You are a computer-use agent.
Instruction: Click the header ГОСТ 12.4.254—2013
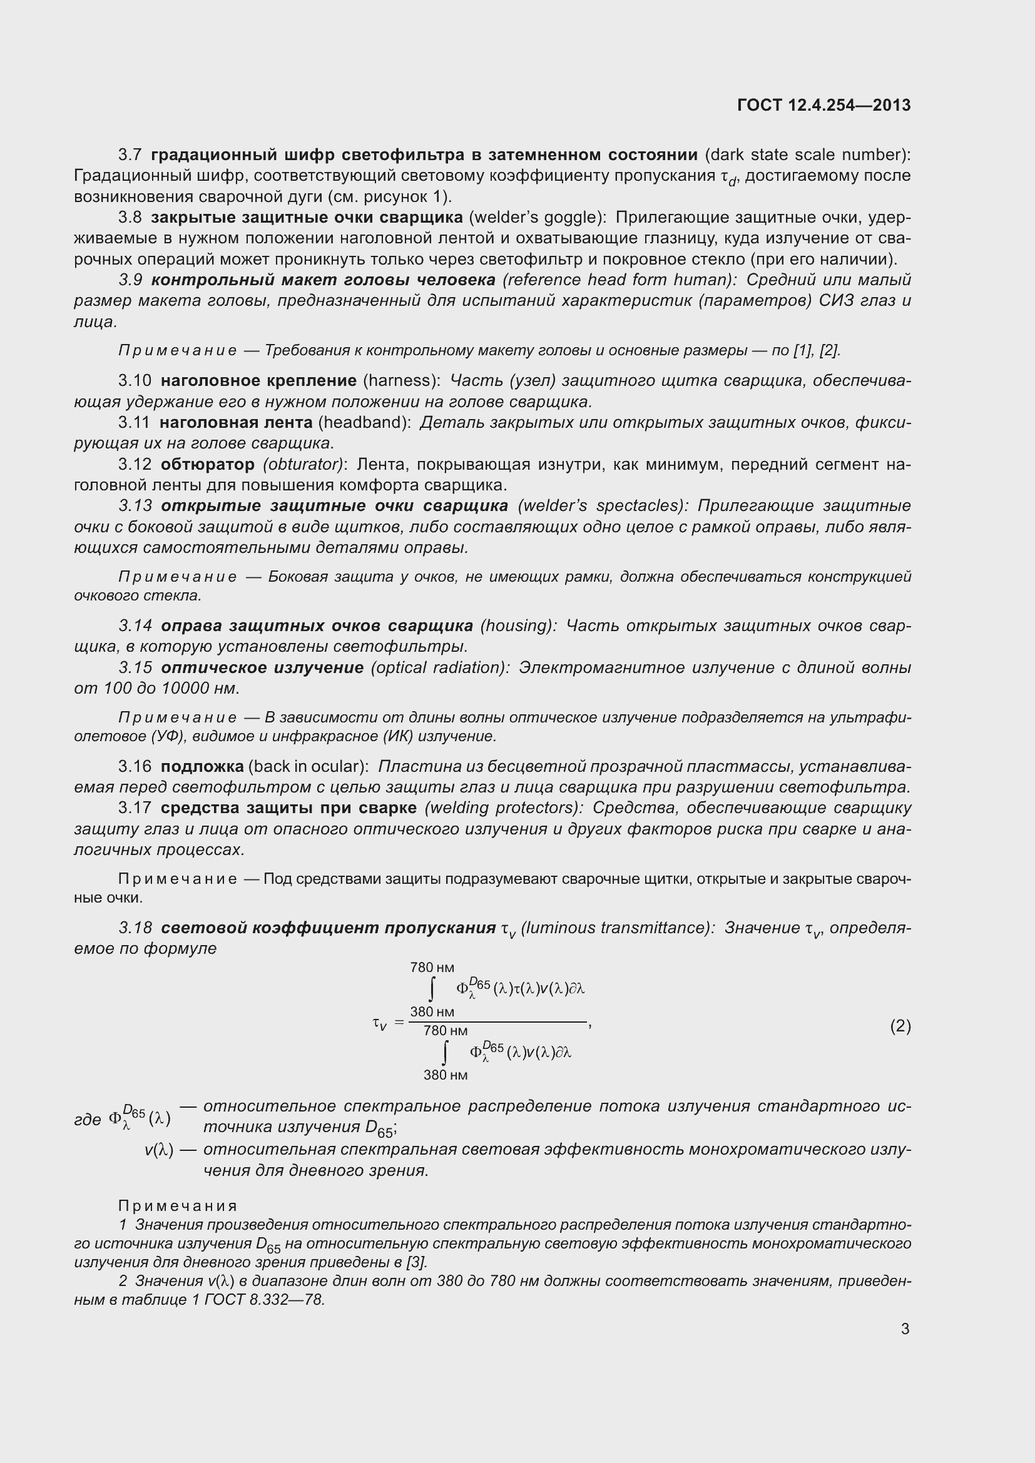(823, 105)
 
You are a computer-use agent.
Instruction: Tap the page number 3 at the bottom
(905, 1329)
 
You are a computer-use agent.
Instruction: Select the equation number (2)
(900, 1026)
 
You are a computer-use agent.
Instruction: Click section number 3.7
(130, 155)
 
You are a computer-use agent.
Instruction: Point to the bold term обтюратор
(207, 465)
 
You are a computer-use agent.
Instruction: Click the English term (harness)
(402, 381)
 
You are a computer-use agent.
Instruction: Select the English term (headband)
(365, 422)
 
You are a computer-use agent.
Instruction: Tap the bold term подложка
(202, 766)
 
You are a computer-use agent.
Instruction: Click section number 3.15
(135, 668)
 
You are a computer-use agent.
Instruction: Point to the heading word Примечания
(178, 1205)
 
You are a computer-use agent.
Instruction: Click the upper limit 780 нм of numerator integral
(432, 967)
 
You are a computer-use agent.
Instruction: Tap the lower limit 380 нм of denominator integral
(446, 1075)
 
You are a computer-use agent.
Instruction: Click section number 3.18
(135, 928)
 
